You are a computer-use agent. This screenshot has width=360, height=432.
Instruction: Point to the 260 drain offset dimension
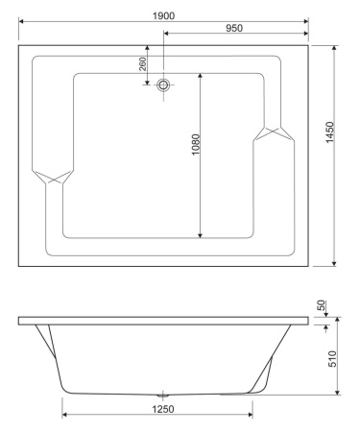[143, 64]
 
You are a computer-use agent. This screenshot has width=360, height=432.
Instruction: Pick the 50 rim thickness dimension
[324, 305]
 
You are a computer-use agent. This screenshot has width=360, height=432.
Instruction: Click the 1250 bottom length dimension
[159, 408]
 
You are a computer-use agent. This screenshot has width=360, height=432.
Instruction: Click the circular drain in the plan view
[164, 84]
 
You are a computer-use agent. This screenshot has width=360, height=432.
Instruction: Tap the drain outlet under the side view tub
[162, 394]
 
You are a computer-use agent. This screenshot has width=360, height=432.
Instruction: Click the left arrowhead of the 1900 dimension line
[22, 18]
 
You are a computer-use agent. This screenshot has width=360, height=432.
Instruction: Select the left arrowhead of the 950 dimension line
[167, 35]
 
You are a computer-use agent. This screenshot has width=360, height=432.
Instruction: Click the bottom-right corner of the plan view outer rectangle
[308, 266]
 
